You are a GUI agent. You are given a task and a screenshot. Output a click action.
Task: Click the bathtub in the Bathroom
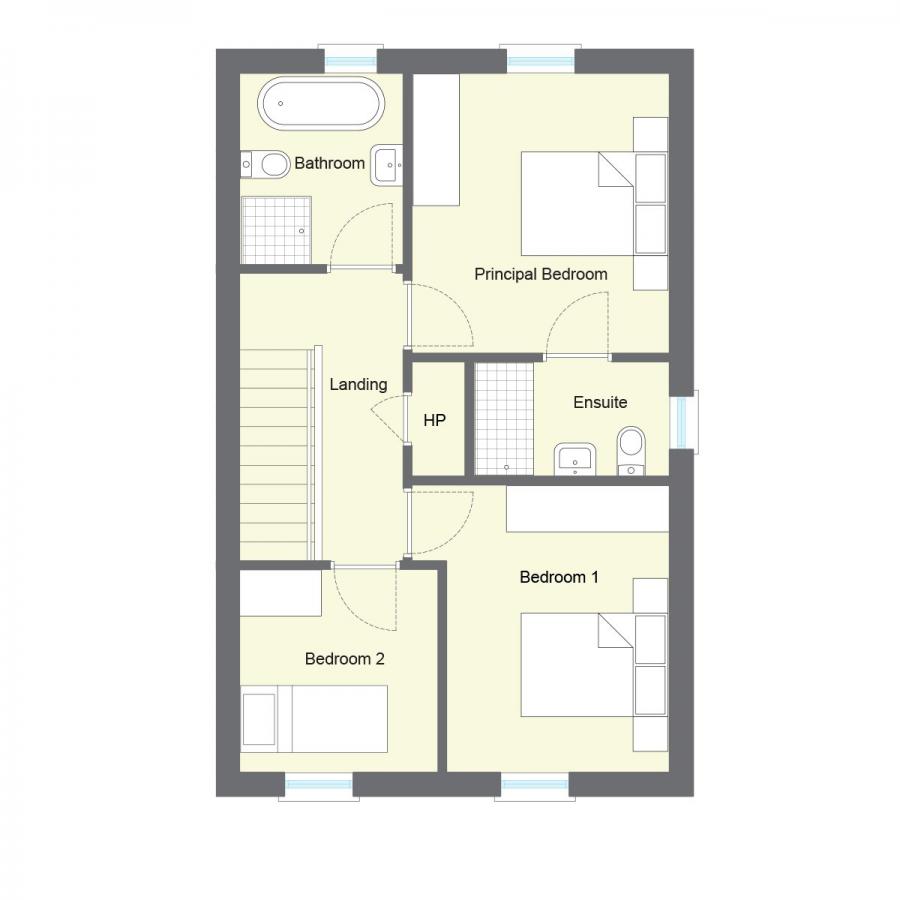(320, 104)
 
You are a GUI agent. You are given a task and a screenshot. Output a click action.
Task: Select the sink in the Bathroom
(386, 165)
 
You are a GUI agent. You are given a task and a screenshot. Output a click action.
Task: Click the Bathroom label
(329, 163)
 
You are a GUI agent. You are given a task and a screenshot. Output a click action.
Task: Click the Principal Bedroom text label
(540, 274)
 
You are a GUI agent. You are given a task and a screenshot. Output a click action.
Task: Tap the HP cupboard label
(434, 421)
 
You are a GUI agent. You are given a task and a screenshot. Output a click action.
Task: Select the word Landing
(358, 384)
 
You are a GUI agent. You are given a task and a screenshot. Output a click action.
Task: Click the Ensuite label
(600, 402)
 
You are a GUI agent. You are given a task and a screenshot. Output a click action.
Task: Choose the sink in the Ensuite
(575, 459)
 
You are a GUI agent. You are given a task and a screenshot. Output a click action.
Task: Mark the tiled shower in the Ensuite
(504, 417)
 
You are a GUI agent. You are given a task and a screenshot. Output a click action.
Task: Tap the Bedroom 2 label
(344, 659)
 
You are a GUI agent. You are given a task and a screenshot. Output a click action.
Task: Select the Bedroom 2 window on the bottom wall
(319, 784)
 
